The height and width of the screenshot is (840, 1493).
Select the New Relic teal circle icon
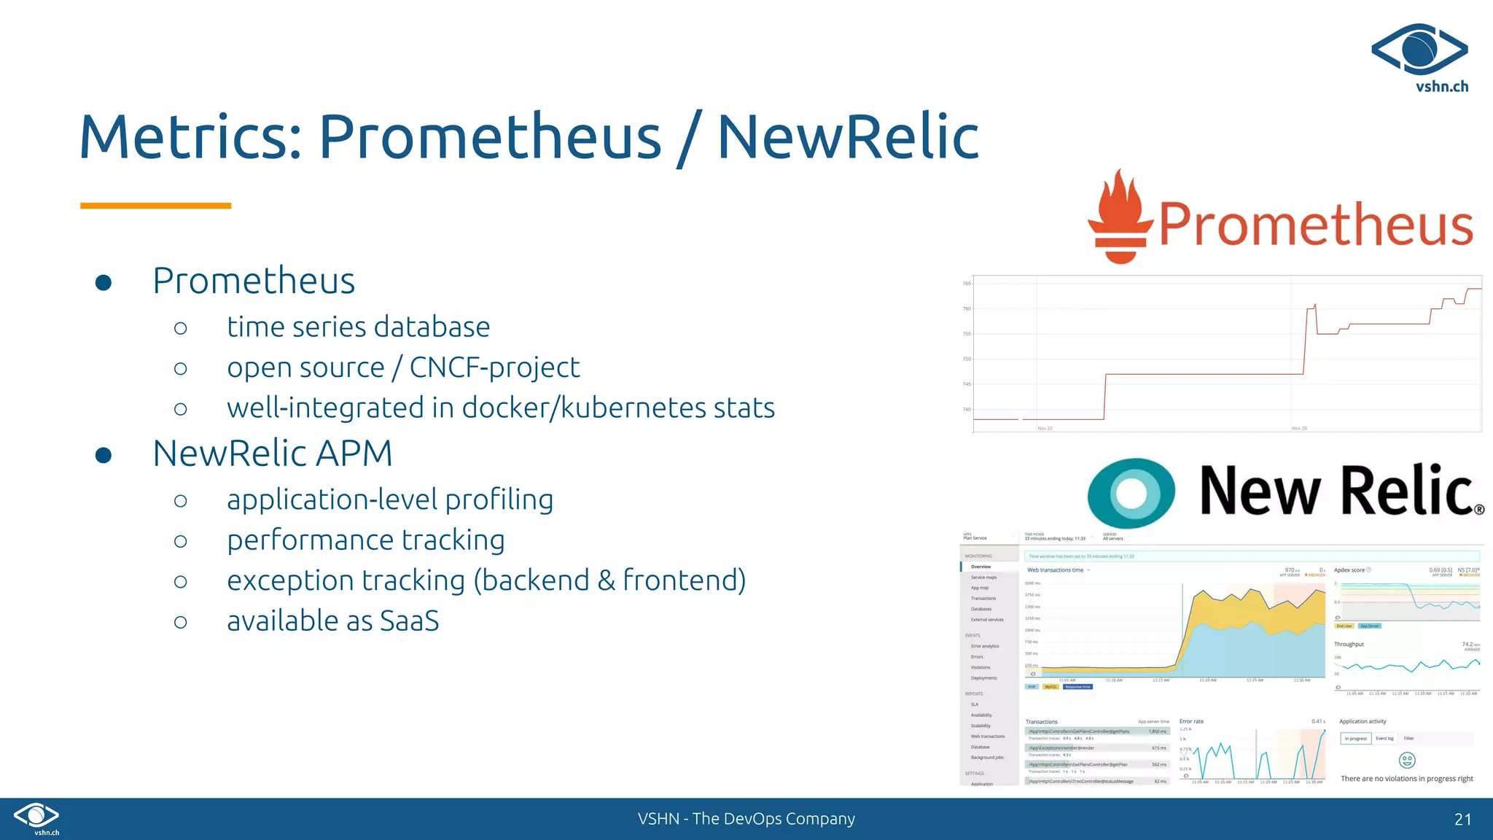(1131, 493)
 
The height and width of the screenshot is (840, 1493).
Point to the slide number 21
(1462, 819)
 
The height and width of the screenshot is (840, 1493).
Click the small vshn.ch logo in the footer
(36, 817)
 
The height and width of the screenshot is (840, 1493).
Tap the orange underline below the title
(155, 206)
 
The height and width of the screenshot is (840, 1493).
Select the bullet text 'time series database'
(358, 327)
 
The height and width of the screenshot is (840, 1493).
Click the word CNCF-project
(494, 367)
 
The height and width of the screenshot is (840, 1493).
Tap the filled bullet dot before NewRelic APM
(104, 456)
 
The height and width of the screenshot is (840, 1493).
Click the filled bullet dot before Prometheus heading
(104, 283)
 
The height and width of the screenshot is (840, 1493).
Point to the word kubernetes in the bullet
(633, 408)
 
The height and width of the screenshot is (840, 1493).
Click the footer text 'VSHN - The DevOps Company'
(746, 819)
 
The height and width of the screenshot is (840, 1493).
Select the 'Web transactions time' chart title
(1055, 570)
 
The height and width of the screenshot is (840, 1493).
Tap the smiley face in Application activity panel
(1407, 761)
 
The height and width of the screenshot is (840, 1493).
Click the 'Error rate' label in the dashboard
(1191, 721)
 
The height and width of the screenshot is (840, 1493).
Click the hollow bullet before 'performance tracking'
(181, 541)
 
